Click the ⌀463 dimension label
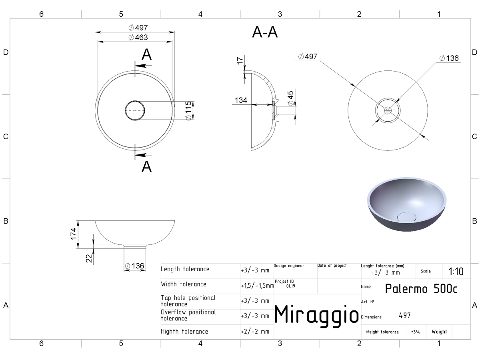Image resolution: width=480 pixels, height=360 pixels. [138, 37]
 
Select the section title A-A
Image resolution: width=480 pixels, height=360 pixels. [265, 32]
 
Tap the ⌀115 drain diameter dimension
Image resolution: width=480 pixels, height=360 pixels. [188, 111]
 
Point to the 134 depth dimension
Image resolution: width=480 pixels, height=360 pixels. [241, 100]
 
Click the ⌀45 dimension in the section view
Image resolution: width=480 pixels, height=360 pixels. [291, 98]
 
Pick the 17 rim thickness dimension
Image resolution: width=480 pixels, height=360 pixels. [240, 61]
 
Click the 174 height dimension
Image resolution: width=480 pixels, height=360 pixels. [74, 234]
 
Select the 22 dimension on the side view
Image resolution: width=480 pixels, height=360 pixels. [89, 258]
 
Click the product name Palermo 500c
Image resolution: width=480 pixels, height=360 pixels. [421, 288]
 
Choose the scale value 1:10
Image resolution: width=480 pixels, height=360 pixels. [456, 272]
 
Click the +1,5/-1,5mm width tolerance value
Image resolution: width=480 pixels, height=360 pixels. [257, 286]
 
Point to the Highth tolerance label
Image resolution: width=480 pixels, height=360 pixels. [184, 331]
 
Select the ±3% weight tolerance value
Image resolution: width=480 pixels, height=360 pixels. [416, 332]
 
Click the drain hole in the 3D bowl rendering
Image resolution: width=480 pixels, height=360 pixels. [406, 217]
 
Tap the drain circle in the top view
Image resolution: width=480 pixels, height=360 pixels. [135, 110]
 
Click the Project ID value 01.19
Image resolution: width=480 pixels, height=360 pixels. [291, 286]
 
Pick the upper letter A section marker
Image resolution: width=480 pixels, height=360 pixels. [146, 54]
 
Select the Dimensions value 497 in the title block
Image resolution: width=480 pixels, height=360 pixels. [404, 316]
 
